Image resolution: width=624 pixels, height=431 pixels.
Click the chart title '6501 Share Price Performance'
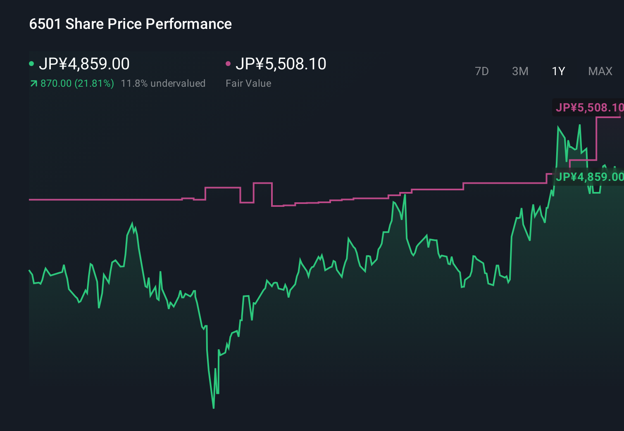tap(130, 24)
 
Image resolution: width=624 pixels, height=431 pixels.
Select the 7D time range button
tap(481, 71)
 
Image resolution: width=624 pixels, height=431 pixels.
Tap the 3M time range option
tap(520, 71)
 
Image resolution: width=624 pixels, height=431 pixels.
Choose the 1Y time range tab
tap(558, 71)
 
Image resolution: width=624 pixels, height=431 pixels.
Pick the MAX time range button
tap(600, 71)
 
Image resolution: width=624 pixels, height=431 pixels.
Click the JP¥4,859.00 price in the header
tap(84, 64)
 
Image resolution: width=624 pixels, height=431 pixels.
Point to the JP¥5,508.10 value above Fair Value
tap(281, 64)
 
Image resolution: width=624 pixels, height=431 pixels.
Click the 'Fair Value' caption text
tap(248, 83)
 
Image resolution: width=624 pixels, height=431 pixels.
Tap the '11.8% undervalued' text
tap(163, 83)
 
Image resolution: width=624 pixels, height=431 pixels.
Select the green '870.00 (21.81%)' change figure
tap(77, 83)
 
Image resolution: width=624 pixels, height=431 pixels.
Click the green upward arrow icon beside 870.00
tap(33, 84)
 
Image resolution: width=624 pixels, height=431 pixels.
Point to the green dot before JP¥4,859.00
tap(31, 64)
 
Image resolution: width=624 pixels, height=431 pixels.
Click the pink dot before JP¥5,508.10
tap(228, 64)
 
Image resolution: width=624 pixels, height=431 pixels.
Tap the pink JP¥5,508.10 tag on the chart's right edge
tap(589, 108)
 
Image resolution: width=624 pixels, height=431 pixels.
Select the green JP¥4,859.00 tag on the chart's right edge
tap(589, 177)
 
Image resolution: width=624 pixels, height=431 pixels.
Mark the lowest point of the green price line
tap(214, 408)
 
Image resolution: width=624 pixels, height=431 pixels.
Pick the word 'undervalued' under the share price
tap(178, 83)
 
